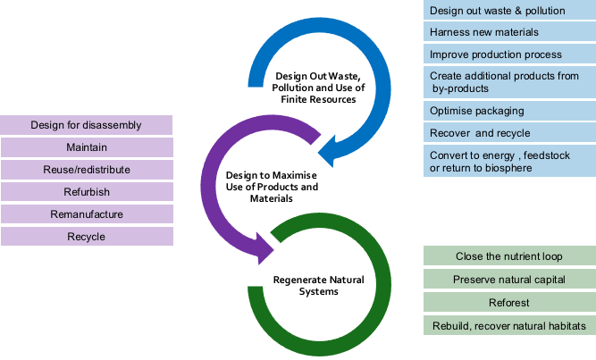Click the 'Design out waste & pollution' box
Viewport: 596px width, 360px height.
point(508,10)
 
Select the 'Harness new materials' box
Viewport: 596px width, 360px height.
point(508,32)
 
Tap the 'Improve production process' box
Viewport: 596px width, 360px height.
point(508,54)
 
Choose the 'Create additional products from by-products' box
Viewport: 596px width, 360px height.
point(508,83)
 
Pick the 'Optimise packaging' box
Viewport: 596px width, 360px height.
point(508,112)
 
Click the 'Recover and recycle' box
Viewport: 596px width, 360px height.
point(508,134)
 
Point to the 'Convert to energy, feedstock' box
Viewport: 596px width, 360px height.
point(508,162)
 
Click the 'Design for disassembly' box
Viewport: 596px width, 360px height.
point(87,124)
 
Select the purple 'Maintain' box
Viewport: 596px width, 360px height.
point(87,147)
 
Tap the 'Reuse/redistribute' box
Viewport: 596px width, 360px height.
point(87,169)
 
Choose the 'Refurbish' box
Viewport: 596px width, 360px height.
point(87,191)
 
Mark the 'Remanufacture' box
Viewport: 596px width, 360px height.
point(87,214)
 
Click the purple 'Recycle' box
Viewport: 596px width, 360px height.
point(87,237)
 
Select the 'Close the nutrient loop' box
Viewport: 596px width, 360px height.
point(508,256)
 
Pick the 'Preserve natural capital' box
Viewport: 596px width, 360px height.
point(508,280)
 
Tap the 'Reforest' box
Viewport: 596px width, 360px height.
point(508,303)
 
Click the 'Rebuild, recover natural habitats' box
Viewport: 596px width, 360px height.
point(508,326)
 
